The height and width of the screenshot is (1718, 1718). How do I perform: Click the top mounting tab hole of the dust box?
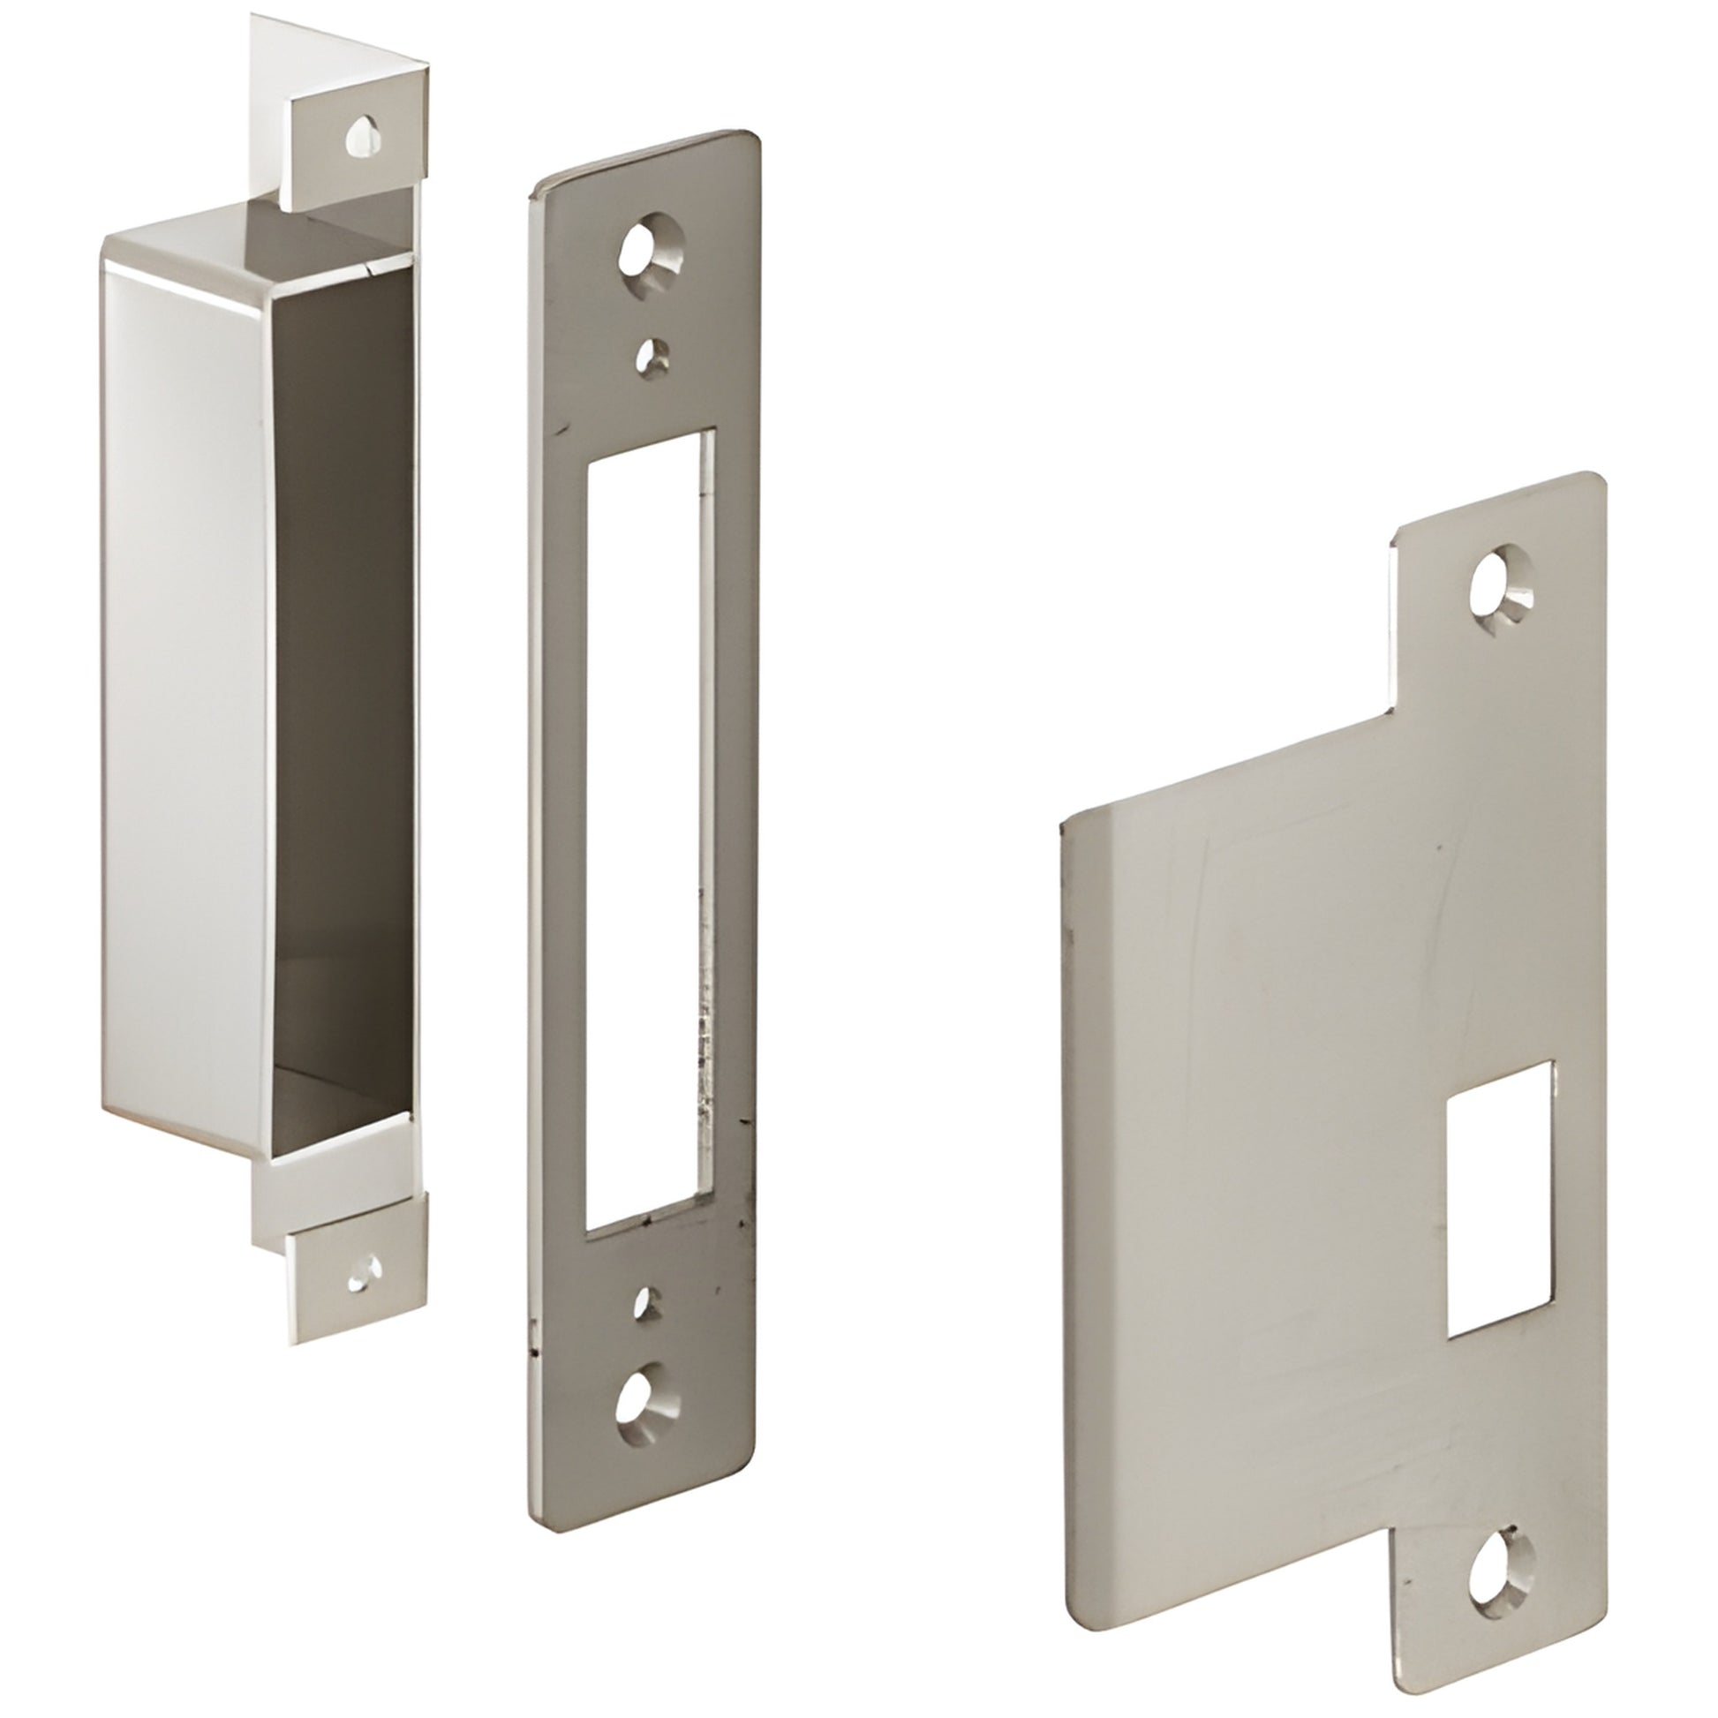(365, 136)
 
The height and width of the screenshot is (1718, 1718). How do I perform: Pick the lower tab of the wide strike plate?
(1494, 1548)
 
